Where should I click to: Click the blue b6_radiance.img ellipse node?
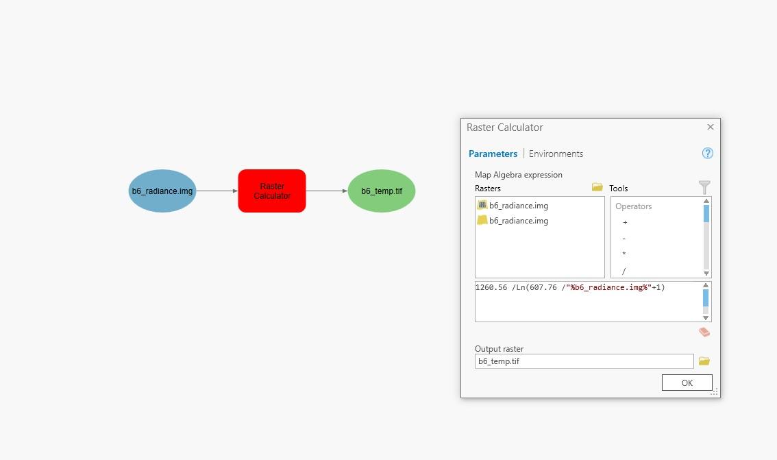tap(162, 191)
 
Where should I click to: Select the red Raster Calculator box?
tap(272, 191)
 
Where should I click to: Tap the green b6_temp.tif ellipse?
tap(382, 191)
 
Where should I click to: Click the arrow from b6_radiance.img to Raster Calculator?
tap(217, 191)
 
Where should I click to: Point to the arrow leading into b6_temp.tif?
tap(327, 191)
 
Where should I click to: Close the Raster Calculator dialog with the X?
tap(710, 127)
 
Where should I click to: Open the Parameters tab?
tap(493, 154)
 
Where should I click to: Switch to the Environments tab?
tap(556, 154)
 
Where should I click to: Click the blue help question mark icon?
tap(708, 153)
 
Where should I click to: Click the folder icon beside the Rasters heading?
tap(597, 187)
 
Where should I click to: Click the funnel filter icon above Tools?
tap(704, 187)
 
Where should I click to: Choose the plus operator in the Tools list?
tap(625, 223)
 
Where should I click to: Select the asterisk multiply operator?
tap(624, 254)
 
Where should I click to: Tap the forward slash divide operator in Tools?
tap(624, 271)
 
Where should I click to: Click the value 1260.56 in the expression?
tap(491, 287)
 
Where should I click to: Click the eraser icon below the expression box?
tap(704, 332)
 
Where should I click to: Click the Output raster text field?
tap(584, 361)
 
